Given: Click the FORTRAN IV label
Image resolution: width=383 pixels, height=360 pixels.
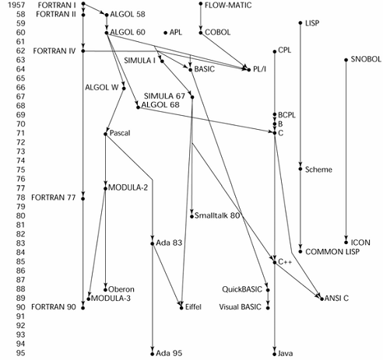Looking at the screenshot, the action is (54, 51).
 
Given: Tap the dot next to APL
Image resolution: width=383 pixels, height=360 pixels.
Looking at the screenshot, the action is (166, 33).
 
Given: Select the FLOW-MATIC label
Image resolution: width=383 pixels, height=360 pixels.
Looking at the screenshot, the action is (228, 5).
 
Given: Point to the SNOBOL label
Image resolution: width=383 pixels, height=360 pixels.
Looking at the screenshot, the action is (366, 59).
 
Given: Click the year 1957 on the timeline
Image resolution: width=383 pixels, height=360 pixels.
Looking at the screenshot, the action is (16, 5).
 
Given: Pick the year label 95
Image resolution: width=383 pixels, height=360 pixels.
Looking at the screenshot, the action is (20, 353).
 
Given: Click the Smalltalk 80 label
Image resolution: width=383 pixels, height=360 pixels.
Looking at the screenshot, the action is (217, 215).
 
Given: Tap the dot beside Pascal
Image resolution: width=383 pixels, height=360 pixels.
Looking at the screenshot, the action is (105, 134).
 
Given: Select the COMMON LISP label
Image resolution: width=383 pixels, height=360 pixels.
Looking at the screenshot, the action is (332, 252).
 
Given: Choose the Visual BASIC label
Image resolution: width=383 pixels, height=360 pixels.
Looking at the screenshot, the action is (240, 307).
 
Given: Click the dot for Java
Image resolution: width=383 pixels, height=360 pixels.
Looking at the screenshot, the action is (275, 354).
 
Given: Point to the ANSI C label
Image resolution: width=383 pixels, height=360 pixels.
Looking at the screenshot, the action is (336, 299).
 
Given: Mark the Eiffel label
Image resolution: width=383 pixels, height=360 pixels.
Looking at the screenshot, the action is (193, 307).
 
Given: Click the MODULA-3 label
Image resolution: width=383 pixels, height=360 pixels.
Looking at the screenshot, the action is (111, 299).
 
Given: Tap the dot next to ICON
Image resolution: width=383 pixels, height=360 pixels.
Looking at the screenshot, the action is (346, 243).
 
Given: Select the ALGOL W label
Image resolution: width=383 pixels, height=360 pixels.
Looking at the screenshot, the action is (102, 88).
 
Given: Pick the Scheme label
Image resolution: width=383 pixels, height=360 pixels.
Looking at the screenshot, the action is (318, 170).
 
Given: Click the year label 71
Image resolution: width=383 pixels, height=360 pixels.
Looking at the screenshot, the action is (20, 133).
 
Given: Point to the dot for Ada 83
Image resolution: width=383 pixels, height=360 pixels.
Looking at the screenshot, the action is (153, 243).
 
